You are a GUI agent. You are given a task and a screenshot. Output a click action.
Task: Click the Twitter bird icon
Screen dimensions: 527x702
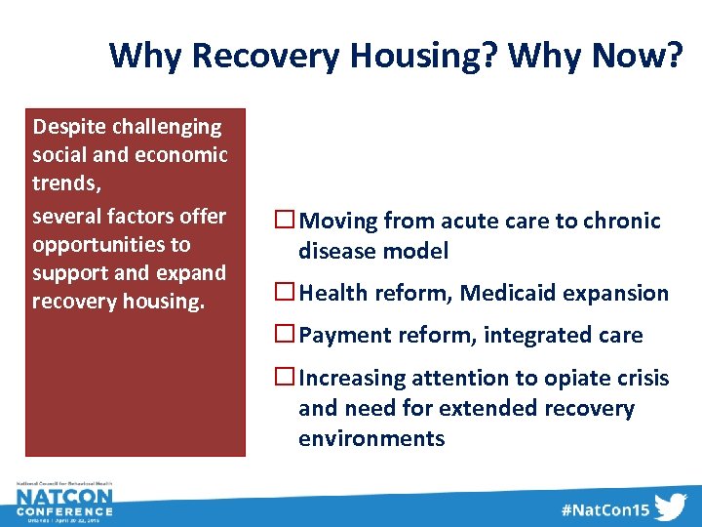click(671, 508)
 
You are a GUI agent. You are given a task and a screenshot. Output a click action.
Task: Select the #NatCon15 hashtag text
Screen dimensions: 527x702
click(604, 509)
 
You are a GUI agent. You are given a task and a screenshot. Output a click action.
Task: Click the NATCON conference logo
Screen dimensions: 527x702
click(64, 503)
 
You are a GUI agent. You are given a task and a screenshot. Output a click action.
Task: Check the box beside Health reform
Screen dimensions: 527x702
click(286, 293)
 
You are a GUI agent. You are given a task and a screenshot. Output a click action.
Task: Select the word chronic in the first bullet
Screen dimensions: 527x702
click(622, 222)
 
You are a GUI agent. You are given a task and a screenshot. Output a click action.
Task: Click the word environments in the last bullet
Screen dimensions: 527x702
click(371, 439)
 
